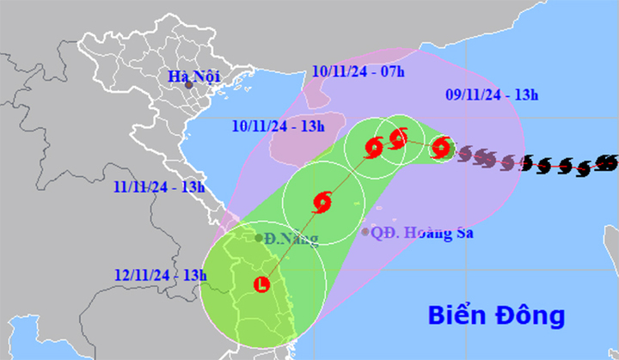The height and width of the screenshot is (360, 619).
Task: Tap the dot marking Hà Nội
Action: coord(188,85)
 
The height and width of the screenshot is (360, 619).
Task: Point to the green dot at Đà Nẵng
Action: coord(258,238)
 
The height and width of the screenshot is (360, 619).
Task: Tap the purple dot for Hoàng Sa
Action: coord(365,232)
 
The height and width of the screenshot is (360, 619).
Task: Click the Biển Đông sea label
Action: coord(497,314)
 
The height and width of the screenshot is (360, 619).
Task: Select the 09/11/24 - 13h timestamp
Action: coord(500,96)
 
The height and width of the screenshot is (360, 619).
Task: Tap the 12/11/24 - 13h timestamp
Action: coord(161,274)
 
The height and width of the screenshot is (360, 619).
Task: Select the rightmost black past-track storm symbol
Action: coord(607,161)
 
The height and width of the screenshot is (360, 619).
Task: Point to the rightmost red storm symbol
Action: coord(441,149)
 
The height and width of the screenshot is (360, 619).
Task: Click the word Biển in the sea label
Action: coord(459,314)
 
